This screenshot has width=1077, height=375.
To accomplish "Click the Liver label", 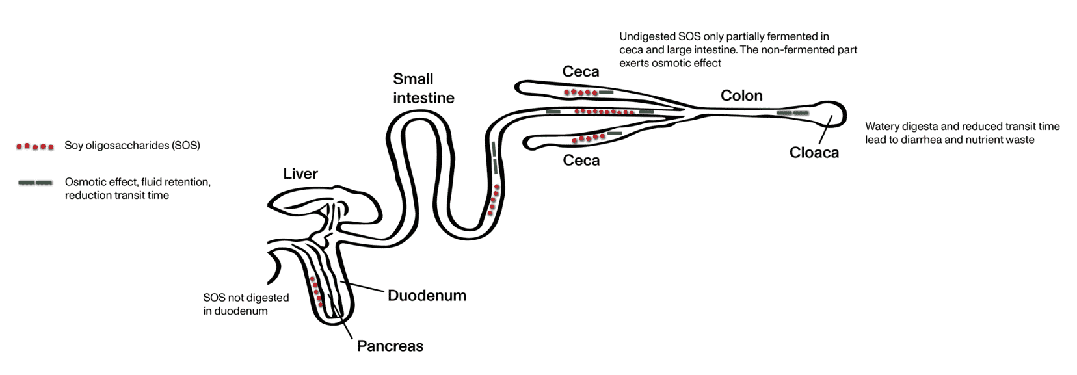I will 300,174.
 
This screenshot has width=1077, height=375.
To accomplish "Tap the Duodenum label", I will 427,296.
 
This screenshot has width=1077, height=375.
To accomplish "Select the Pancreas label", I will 390,346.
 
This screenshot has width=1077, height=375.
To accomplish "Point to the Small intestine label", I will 423,88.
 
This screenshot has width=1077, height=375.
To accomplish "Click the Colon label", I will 741,96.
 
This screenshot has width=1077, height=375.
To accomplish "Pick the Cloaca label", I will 814,153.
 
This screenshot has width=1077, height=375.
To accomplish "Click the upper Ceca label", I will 580,71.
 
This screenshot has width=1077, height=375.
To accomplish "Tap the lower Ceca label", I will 581,160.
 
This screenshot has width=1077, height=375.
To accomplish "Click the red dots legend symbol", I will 34,146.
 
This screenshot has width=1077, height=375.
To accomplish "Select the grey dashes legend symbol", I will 35,183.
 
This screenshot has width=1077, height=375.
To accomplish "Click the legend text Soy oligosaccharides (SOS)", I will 132,146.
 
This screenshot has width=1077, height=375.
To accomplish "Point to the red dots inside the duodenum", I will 317,292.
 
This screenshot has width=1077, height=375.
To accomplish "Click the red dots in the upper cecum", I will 580,93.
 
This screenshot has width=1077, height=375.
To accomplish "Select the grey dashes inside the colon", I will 793,113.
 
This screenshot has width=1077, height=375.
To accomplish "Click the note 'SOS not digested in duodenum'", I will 245,304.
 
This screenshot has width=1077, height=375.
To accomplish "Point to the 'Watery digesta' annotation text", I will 962,133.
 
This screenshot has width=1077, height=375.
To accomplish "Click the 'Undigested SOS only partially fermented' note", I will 738,50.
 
